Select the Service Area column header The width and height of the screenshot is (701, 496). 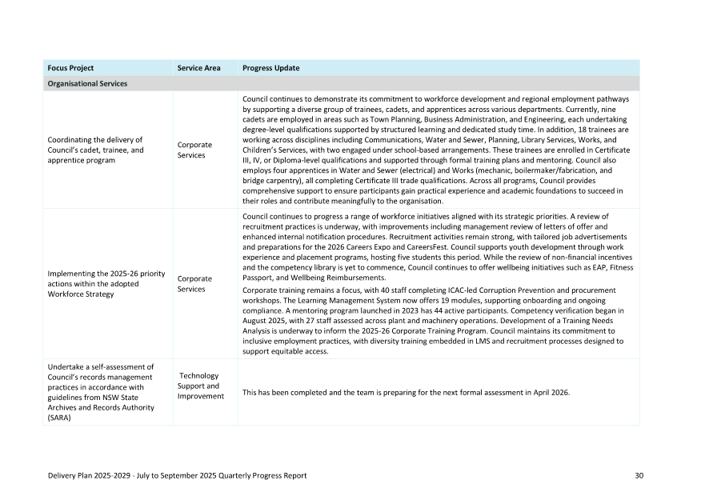click(x=198, y=68)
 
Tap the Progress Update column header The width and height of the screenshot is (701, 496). click(x=270, y=68)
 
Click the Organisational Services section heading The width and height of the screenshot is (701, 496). click(x=87, y=83)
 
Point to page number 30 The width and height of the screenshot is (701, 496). click(x=639, y=475)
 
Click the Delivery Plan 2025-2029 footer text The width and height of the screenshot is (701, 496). click(x=177, y=475)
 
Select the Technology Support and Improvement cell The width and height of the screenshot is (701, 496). click(x=200, y=386)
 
